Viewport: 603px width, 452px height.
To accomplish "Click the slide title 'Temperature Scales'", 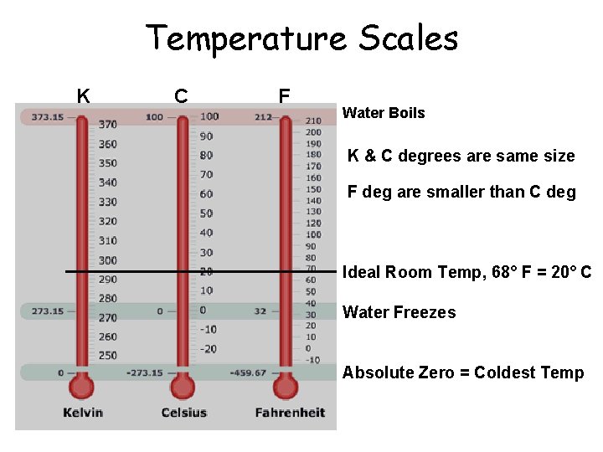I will tap(301, 39).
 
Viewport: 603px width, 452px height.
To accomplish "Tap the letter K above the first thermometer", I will tap(84, 96).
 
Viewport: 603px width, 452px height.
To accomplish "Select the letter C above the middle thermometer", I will tap(181, 96).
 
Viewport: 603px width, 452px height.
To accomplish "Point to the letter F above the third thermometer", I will tap(284, 96).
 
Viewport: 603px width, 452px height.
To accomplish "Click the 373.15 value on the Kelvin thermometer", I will tap(47, 117).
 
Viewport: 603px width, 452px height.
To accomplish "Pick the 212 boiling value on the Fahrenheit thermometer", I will tap(264, 117).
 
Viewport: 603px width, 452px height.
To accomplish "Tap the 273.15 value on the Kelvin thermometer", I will tap(47, 311).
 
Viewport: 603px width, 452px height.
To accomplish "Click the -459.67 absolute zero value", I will tap(248, 372).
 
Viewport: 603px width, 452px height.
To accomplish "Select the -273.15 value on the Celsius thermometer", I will tap(145, 372).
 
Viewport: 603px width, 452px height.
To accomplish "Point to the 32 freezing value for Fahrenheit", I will tap(261, 311).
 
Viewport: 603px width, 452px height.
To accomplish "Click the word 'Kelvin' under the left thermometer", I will tap(83, 413).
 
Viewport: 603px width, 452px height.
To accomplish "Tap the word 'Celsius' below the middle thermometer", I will tap(183, 413).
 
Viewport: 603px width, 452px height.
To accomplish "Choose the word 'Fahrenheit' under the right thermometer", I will tap(289, 413).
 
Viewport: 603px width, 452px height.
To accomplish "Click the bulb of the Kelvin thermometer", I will tap(82, 388).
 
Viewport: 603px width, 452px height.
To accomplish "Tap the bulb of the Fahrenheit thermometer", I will tap(286, 388).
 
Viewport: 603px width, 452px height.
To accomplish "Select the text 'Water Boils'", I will tap(384, 113).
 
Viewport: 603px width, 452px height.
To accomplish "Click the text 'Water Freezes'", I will tap(399, 312).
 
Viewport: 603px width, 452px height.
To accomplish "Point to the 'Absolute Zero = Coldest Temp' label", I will tap(463, 372).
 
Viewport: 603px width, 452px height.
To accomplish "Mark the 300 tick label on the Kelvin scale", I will tap(108, 260).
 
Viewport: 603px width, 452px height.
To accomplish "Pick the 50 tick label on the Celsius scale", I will tap(206, 213).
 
